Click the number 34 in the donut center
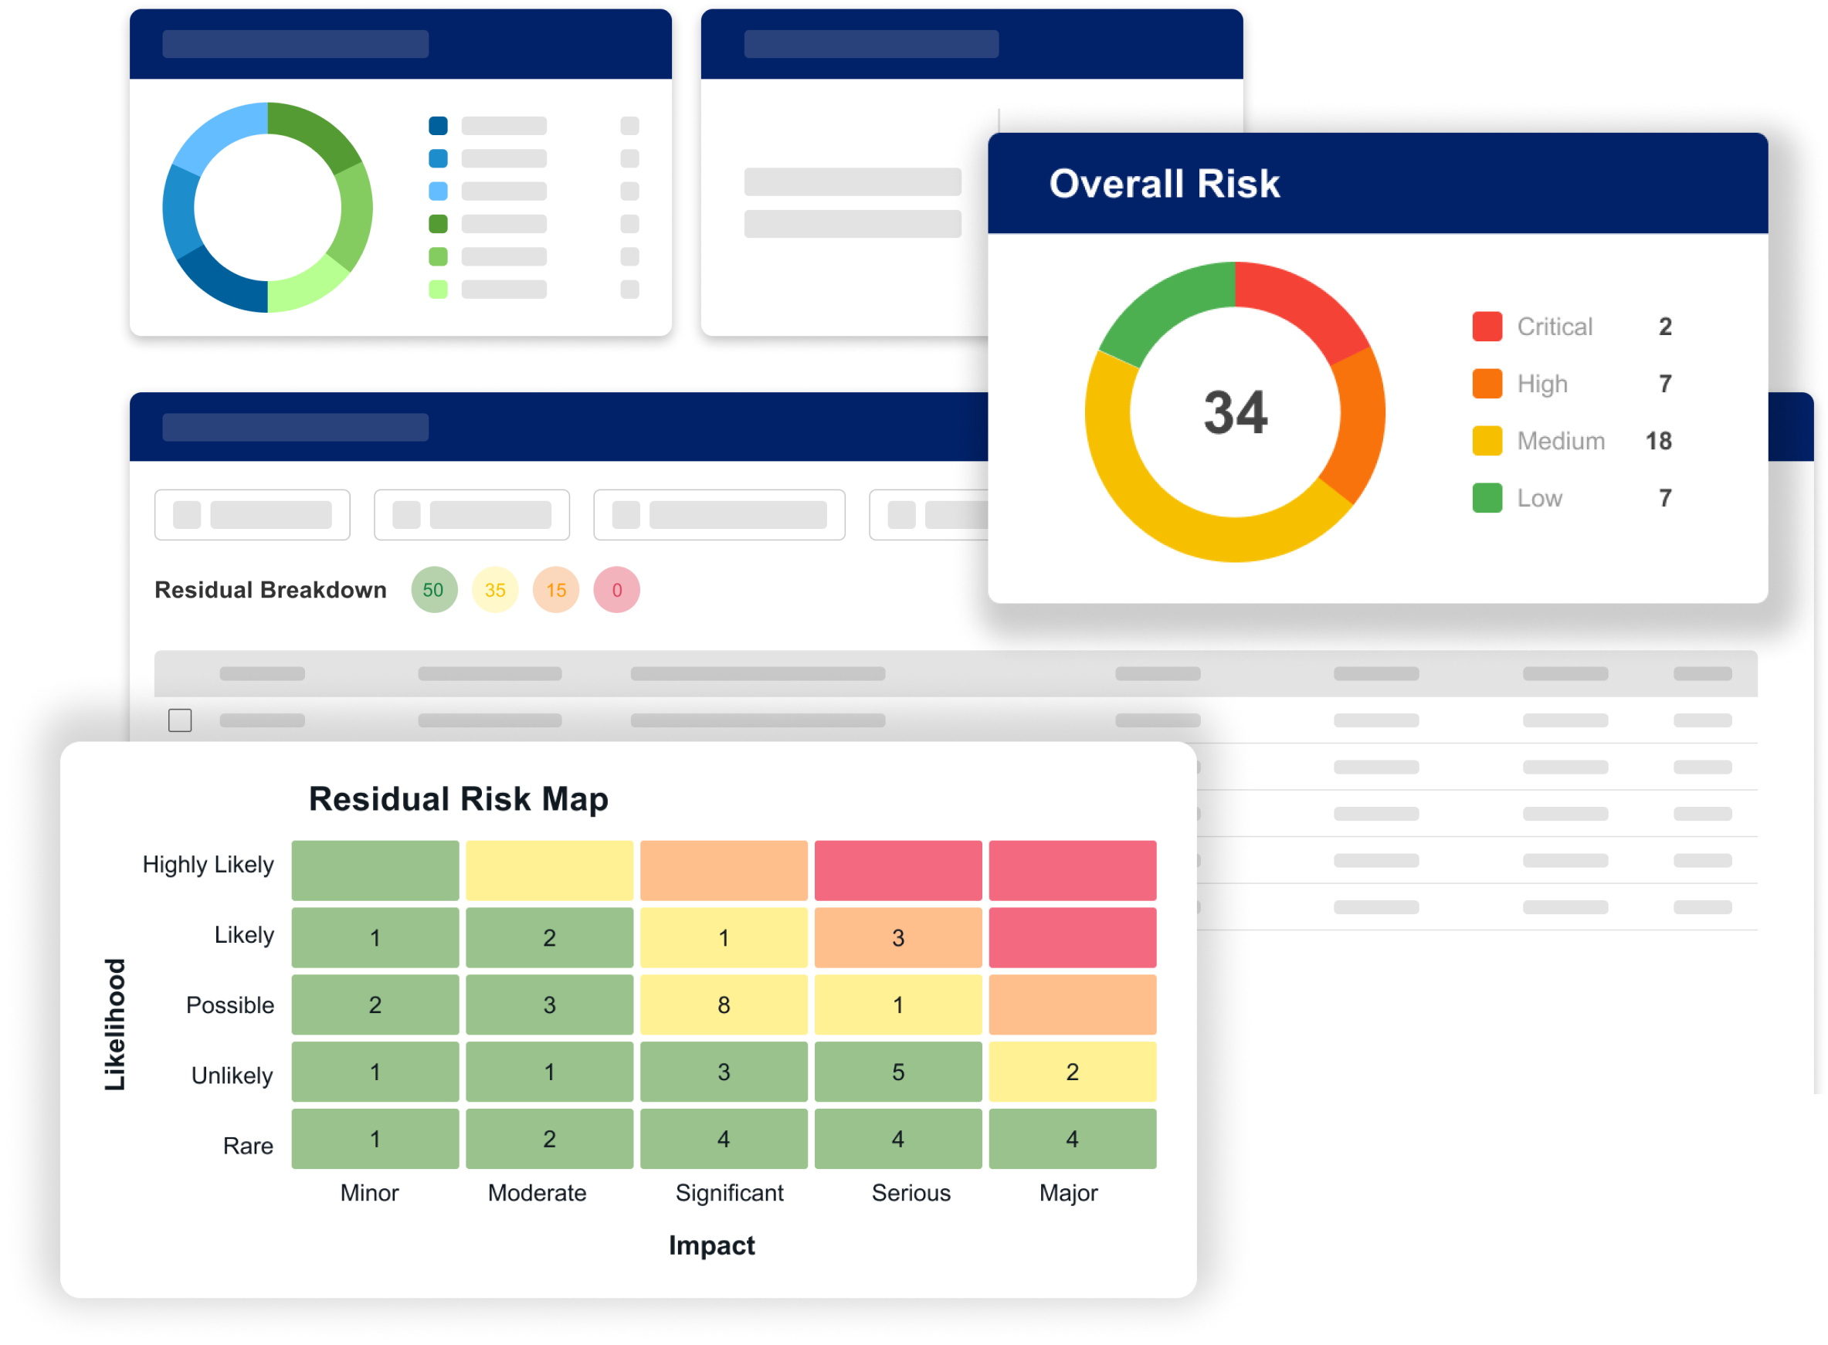click(x=1235, y=413)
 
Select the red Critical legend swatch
click(x=1487, y=327)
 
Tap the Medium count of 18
click(x=1658, y=442)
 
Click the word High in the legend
click(x=1542, y=385)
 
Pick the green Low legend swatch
click(x=1487, y=498)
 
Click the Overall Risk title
click(x=1165, y=184)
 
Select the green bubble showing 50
click(x=434, y=589)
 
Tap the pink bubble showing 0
click(x=616, y=589)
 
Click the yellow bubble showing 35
click(x=495, y=589)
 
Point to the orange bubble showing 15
click(x=556, y=589)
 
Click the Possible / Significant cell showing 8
click(x=724, y=1005)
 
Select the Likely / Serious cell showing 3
click(x=898, y=938)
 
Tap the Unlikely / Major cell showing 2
click(x=1073, y=1072)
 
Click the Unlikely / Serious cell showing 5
click(x=898, y=1072)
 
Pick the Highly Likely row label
click(x=209, y=865)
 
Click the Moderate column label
click(x=538, y=1193)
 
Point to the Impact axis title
click(x=711, y=1245)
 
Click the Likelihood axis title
click(x=115, y=1025)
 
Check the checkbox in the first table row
click(x=180, y=720)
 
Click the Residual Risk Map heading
click(x=459, y=799)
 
